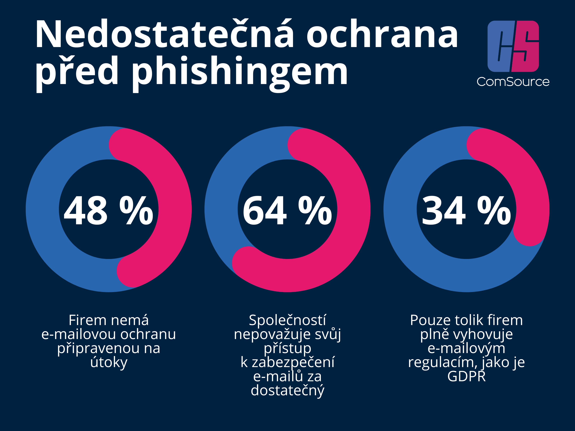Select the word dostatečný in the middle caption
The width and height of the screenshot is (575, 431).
[287, 390]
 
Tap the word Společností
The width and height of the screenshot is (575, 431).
[287, 320]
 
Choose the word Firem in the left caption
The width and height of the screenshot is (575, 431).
[83, 320]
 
